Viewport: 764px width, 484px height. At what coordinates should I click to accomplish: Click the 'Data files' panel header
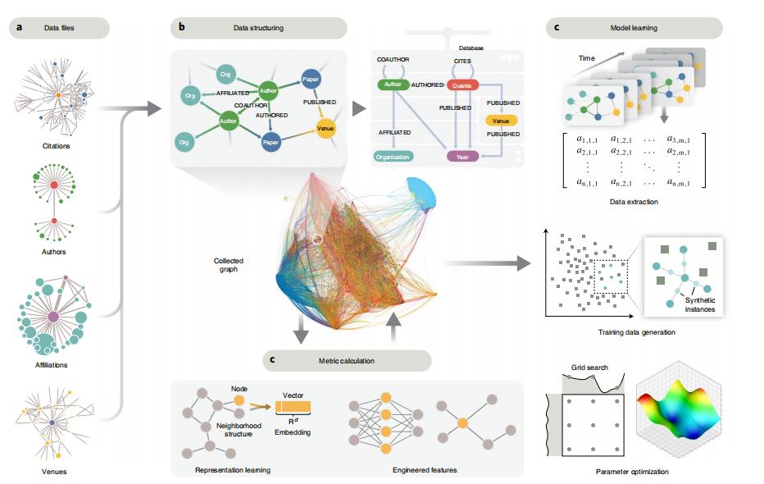point(59,29)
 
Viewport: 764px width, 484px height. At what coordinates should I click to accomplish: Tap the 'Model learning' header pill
point(634,29)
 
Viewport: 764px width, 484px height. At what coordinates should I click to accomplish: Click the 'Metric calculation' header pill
point(347,360)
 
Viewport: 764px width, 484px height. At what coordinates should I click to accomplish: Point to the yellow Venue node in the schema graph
point(325,129)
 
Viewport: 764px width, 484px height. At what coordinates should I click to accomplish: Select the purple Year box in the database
point(462,156)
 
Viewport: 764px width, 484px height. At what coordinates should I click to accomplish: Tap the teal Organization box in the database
point(393,156)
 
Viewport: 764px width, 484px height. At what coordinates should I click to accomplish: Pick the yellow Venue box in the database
point(502,121)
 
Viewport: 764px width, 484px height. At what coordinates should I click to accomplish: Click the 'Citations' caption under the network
point(56,146)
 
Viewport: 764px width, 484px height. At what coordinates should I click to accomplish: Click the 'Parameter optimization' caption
point(631,472)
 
